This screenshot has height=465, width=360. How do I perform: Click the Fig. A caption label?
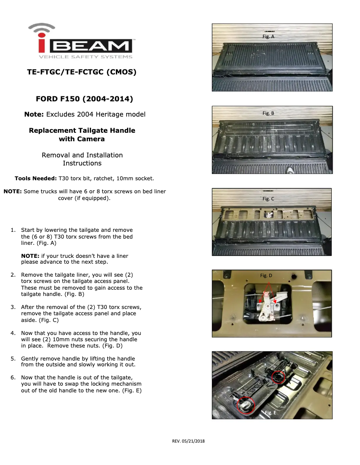coord(268,36)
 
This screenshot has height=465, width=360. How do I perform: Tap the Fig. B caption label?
coord(268,113)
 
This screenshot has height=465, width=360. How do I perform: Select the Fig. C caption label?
coord(268,199)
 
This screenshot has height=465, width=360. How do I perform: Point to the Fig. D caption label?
coord(266,275)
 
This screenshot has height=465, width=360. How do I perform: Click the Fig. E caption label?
coord(270,413)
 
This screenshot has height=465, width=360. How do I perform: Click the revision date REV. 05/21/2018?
coord(188,441)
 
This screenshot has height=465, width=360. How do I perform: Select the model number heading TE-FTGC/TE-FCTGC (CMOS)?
coord(82,72)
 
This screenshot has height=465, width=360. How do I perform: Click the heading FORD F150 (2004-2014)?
coord(84,99)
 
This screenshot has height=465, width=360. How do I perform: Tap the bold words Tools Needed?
coord(35,178)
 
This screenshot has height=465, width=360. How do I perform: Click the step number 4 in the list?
coord(13,333)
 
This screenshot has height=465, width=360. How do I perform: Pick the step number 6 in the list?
coord(13,378)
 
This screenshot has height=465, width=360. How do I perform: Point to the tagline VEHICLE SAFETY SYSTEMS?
coord(85,56)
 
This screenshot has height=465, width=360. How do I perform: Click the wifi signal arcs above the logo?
coord(42,28)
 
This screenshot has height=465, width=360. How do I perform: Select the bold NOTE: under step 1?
coord(30,256)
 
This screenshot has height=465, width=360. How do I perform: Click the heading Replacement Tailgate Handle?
coord(82,130)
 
